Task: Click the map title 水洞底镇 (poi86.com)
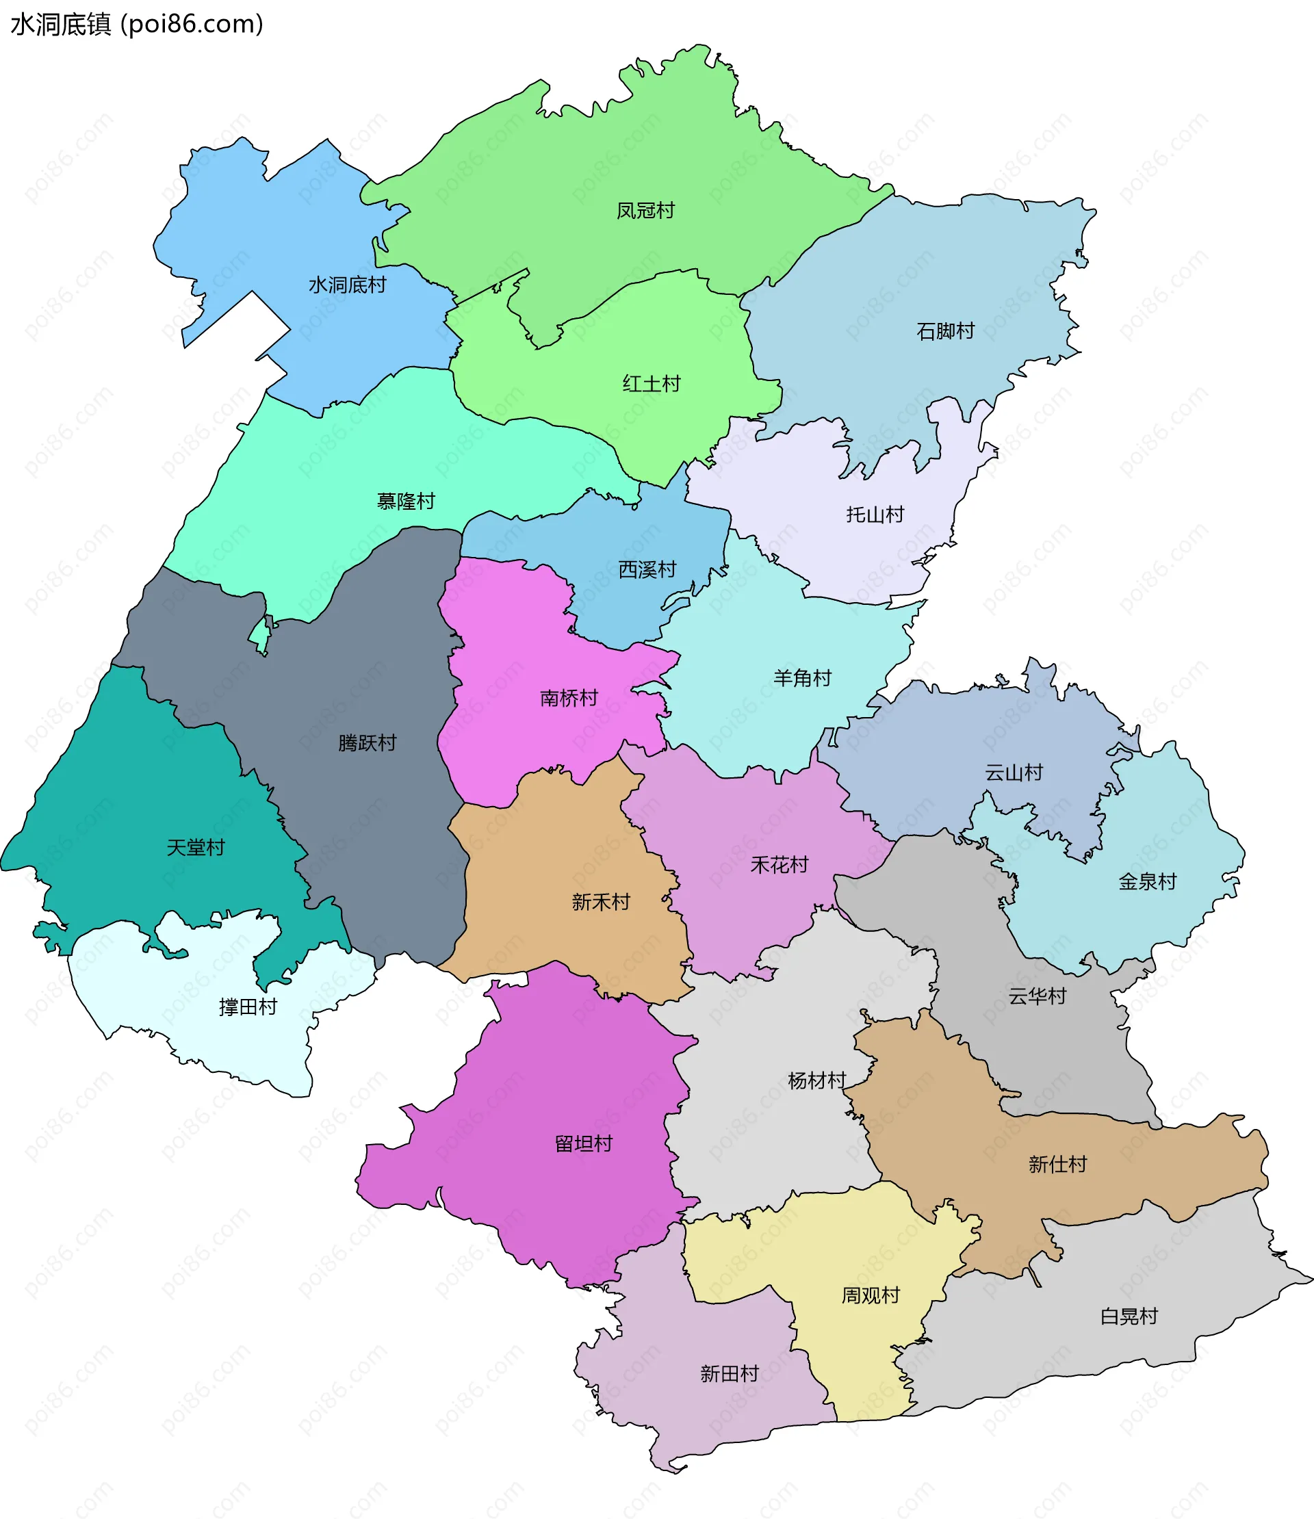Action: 136,24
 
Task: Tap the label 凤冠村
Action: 645,211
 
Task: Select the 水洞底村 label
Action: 347,285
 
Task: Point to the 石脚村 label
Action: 945,331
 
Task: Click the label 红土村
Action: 651,383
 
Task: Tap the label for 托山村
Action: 875,515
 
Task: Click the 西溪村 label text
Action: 647,569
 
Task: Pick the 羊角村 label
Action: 802,678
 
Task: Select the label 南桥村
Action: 568,698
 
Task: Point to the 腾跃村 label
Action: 367,742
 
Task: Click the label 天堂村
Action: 195,848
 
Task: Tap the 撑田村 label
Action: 248,1007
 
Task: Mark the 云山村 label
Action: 1014,773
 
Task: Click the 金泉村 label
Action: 1147,881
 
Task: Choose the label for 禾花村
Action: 779,865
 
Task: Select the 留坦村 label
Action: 583,1143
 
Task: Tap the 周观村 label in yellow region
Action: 870,1295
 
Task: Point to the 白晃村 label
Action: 1129,1316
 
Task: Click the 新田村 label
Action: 729,1373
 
